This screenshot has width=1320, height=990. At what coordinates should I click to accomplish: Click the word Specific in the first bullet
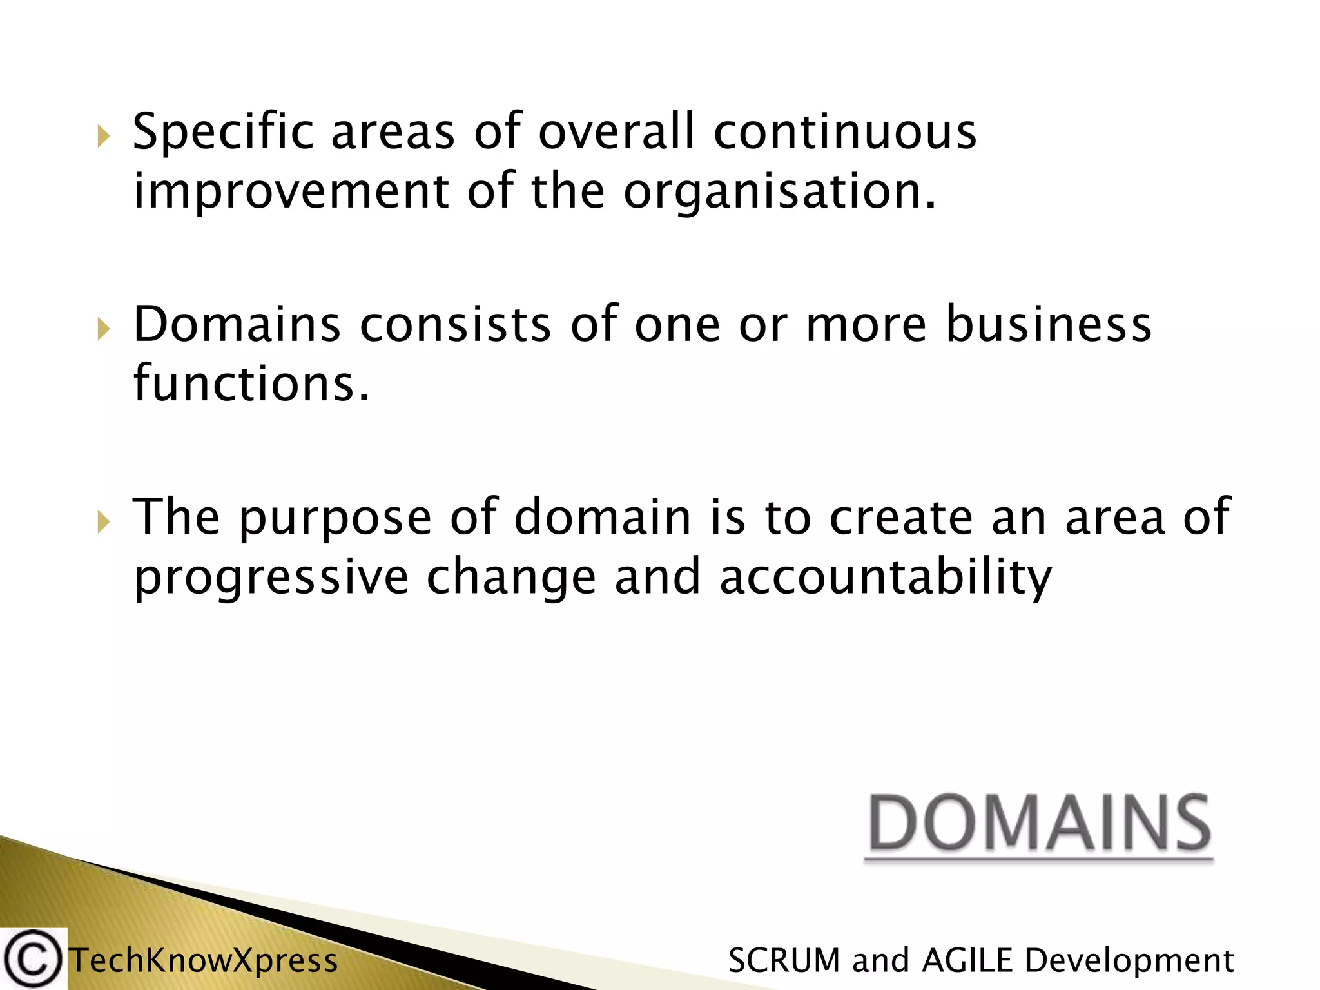222,132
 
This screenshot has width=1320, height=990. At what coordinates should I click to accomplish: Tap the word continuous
844,132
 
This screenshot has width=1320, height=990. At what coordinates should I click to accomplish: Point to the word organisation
779,192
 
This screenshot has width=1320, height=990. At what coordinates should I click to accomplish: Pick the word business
1048,324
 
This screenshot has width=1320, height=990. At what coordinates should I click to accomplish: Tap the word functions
251,383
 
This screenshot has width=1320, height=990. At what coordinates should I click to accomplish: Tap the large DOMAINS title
1039,825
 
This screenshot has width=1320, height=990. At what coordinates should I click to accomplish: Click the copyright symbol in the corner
32,960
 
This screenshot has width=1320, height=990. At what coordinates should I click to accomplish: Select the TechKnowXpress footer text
203,961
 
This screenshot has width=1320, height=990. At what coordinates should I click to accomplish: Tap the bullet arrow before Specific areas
104,137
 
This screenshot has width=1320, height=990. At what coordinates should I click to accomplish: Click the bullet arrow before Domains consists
104,329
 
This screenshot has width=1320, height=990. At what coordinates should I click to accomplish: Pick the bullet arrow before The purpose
104,522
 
